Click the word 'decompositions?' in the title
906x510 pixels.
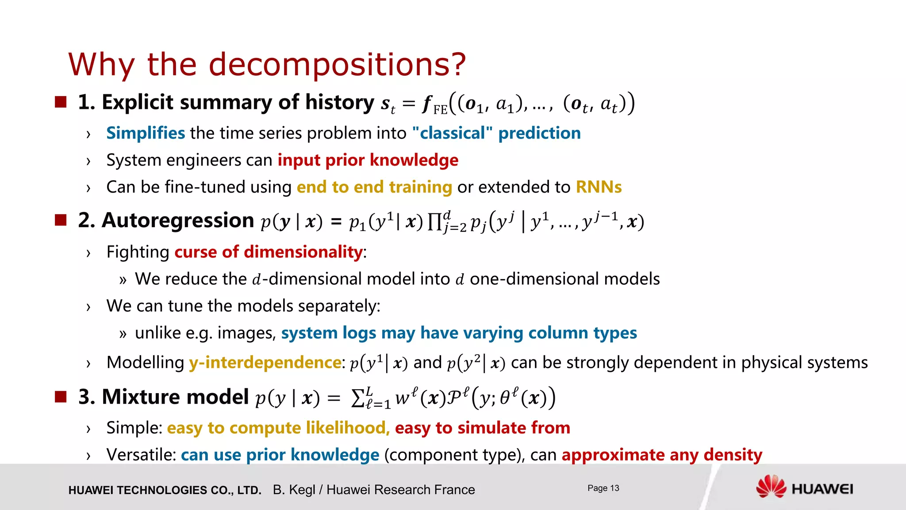point(337,65)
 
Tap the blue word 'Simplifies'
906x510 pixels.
point(146,133)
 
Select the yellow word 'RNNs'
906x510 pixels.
point(599,187)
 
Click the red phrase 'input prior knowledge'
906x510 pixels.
point(368,160)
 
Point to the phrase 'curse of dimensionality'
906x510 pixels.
point(269,252)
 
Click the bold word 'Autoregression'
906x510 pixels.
point(178,220)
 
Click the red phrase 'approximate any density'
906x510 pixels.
point(662,455)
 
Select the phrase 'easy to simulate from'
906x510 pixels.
point(482,428)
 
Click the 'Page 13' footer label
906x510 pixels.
point(603,488)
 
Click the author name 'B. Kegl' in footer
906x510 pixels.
point(294,490)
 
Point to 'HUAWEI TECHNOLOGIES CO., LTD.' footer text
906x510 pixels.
point(165,490)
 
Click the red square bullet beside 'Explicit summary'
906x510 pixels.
point(61,102)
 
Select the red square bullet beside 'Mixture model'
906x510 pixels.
point(61,397)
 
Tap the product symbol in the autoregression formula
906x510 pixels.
point(434,221)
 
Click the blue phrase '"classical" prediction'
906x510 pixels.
point(496,133)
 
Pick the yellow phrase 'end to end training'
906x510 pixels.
point(374,187)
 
